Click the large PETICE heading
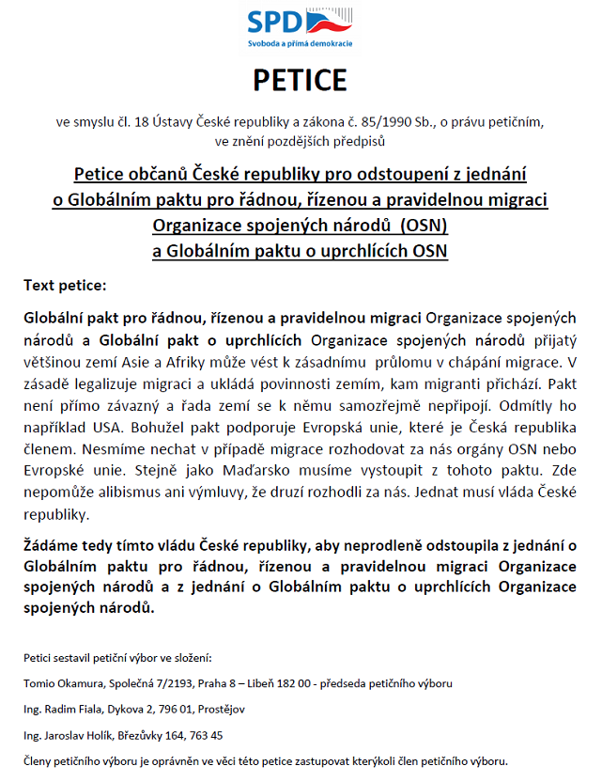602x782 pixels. point(300,81)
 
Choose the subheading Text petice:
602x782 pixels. point(65,284)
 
